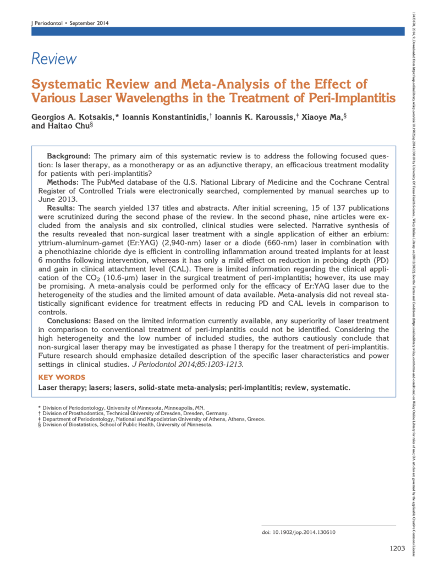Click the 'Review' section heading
click(54, 59)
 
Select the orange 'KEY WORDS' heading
click(62, 377)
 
